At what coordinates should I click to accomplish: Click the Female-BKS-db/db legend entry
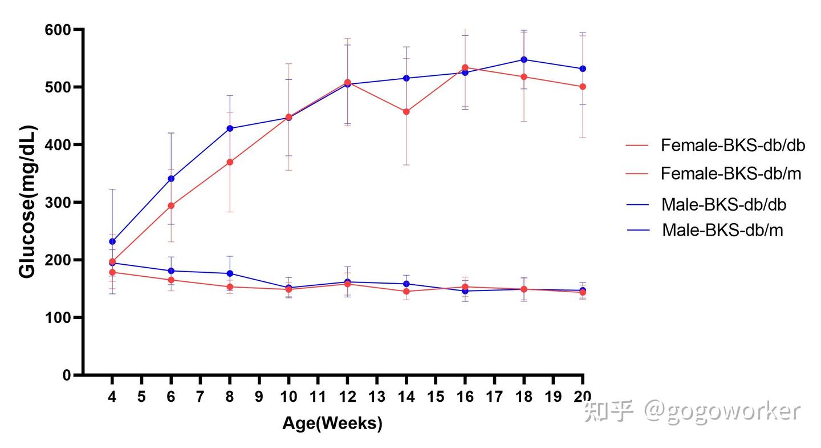click(733, 146)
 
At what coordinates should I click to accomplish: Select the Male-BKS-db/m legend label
click(722, 230)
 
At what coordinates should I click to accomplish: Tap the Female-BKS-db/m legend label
click(731, 173)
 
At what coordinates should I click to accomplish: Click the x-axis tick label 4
click(112, 397)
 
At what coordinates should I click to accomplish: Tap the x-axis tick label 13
click(377, 397)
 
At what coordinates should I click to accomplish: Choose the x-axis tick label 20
click(582, 397)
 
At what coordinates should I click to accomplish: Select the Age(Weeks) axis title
click(332, 423)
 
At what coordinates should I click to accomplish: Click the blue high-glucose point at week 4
click(112, 241)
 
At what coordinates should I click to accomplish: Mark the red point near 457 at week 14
click(406, 112)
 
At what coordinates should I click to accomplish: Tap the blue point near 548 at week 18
click(523, 59)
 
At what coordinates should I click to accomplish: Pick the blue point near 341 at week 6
click(171, 179)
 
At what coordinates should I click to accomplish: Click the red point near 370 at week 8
click(230, 162)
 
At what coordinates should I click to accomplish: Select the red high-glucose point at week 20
click(583, 87)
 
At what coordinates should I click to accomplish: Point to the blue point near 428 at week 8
click(230, 128)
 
